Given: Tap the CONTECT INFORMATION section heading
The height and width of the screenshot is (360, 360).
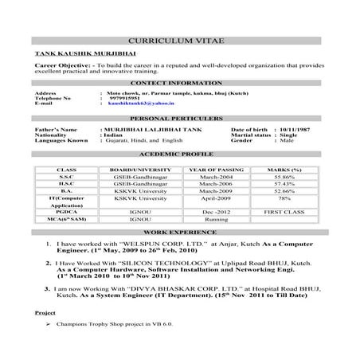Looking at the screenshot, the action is [x=180, y=82].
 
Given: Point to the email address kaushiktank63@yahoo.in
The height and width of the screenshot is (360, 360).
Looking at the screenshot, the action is [x=141, y=104].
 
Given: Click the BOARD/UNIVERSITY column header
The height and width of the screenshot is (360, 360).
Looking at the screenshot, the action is [x=132, y=170].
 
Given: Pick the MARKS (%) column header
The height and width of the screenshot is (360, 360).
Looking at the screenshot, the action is [x=284, y=170].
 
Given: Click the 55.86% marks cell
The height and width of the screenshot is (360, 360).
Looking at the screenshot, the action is [x=284, y=177].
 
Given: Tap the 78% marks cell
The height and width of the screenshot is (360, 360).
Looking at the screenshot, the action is [x=284, y=198].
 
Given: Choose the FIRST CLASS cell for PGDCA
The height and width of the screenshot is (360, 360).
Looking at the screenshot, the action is [x=284, y=213].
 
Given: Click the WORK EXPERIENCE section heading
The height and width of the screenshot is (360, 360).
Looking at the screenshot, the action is [x=180, y=231].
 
